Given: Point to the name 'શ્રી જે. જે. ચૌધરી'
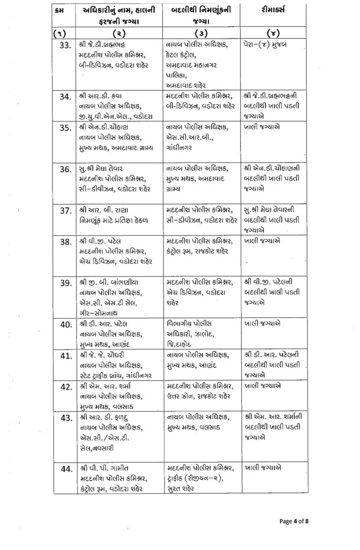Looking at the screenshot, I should click(x=108, y=356).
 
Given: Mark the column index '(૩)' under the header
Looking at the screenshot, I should click(x=201, y=33).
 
